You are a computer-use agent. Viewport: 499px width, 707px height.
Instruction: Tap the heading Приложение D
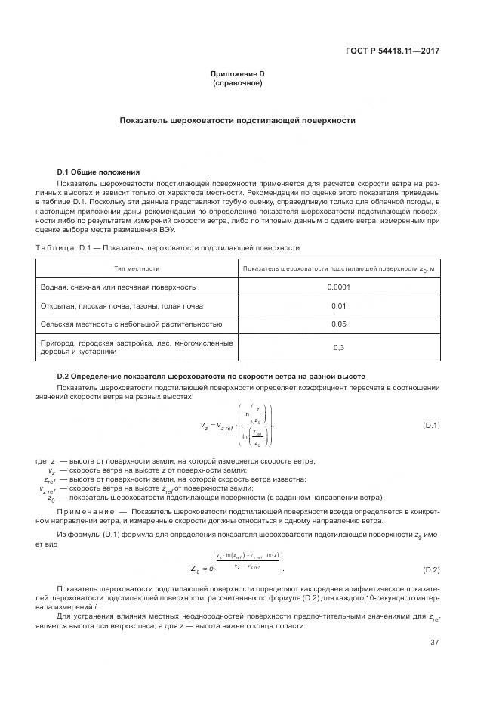pos(238,74)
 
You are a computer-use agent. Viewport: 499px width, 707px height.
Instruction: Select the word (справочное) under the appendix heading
pos(238,83)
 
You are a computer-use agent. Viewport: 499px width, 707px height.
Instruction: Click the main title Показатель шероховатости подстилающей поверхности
pos(238,121)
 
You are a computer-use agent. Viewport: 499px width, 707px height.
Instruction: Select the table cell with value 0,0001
pos(338,287)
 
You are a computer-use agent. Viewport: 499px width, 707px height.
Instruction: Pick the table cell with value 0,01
pos(338,305)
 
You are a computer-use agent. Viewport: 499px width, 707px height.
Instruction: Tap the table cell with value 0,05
pos(338,324)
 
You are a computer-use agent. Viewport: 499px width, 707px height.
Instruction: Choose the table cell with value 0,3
pos(338,347)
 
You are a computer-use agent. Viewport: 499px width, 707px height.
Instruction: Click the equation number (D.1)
pos(431,426)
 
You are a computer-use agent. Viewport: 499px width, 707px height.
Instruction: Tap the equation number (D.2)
pos(431,568)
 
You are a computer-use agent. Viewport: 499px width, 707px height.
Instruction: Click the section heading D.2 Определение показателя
pos(211,376)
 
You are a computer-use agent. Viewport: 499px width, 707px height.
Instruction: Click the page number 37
pos(435,643)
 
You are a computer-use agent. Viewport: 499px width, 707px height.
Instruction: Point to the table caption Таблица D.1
pos(168,247)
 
